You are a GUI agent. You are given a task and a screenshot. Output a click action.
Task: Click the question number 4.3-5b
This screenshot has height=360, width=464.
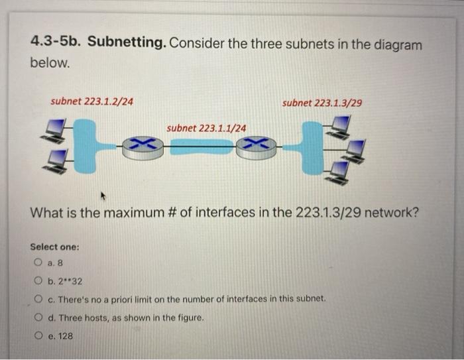click(56, 44)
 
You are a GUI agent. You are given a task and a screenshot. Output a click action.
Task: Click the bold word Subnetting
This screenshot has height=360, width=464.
click(126, 44)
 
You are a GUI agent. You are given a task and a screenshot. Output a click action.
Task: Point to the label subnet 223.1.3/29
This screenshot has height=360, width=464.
click(321, 103)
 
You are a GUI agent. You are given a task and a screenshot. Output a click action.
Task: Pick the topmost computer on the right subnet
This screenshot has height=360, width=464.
click(340, 124)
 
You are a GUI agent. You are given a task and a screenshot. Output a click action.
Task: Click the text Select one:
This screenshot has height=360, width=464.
click(54, 247)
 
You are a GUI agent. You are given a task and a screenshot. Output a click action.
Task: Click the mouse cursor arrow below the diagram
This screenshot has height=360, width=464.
click(103, 196)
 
